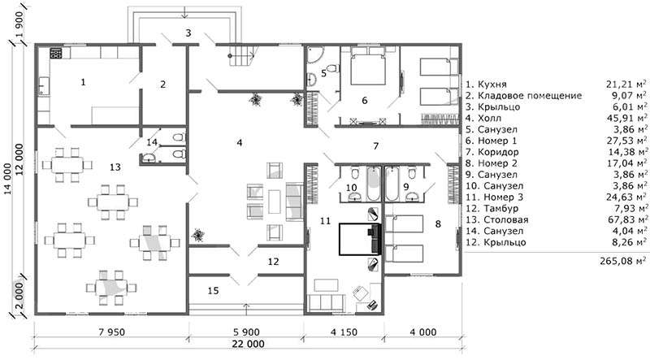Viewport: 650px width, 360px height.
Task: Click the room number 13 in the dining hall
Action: click(x=115, y=167)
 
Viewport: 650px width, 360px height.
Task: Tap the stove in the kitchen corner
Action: click(x=56, y=53)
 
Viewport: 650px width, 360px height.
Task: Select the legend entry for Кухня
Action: click(x=486, y=85)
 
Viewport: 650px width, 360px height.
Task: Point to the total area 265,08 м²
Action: click(x=623, y=261)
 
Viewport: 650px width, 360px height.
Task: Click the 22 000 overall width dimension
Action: click(x=248, y=344)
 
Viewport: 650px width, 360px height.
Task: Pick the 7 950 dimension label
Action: click(x=111, y=332)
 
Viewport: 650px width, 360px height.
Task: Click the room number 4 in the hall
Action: click(x=240, y=143)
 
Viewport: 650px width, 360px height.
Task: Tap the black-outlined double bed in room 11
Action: click(x=360, y=239)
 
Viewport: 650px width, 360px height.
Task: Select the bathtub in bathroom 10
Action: click(x=374, y=183)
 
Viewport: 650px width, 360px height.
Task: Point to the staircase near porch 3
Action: click(x=240, y=55)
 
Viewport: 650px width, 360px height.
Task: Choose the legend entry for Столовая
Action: click(x=497, y=219)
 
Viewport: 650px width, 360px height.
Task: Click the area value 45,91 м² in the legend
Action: click(x=626, y=118)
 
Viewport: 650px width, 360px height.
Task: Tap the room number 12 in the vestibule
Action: click(x=273, y=262)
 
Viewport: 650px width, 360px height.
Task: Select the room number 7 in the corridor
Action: click(x=375, y=146)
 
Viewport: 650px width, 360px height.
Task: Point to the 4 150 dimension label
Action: click(x=344, y=332)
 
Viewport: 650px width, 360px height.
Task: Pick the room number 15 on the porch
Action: click(x=213, y=291)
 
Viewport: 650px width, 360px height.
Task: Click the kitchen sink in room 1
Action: click(x=44, y=87)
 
